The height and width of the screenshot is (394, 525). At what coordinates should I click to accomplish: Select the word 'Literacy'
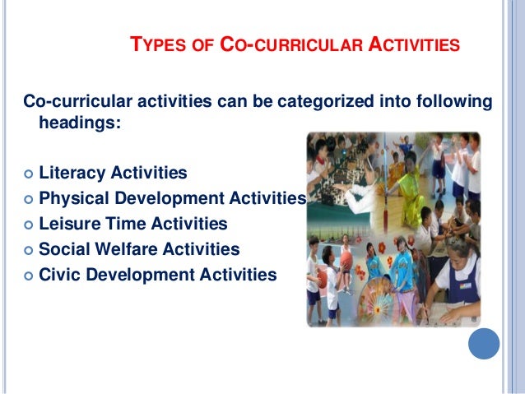pyautogui.click(x=72, y=174)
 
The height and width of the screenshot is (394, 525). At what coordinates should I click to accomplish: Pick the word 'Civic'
pyautogui.click(x=60, y=274)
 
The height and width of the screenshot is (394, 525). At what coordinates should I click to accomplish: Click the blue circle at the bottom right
pyautogui.click(x=484, y=343)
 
